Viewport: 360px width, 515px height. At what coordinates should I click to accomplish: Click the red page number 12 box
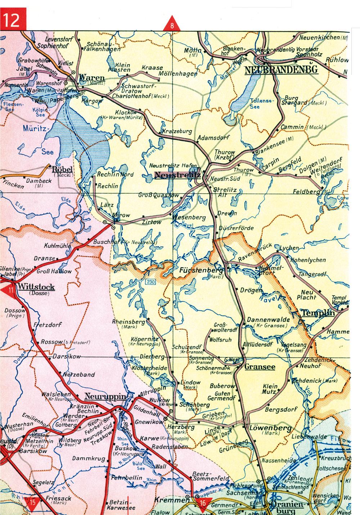pos(12,21)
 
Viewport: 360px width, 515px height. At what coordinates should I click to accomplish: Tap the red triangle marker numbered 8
pos(172,24)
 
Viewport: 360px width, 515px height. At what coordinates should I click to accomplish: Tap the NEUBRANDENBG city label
pos(281,70)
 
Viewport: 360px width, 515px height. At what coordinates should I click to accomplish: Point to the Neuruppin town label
pos(105,397)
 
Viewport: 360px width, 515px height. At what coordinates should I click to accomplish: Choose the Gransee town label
pos(260,367)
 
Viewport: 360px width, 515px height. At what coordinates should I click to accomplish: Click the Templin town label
pos(318,313)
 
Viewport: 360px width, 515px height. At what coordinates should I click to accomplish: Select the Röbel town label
pos(63,169)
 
